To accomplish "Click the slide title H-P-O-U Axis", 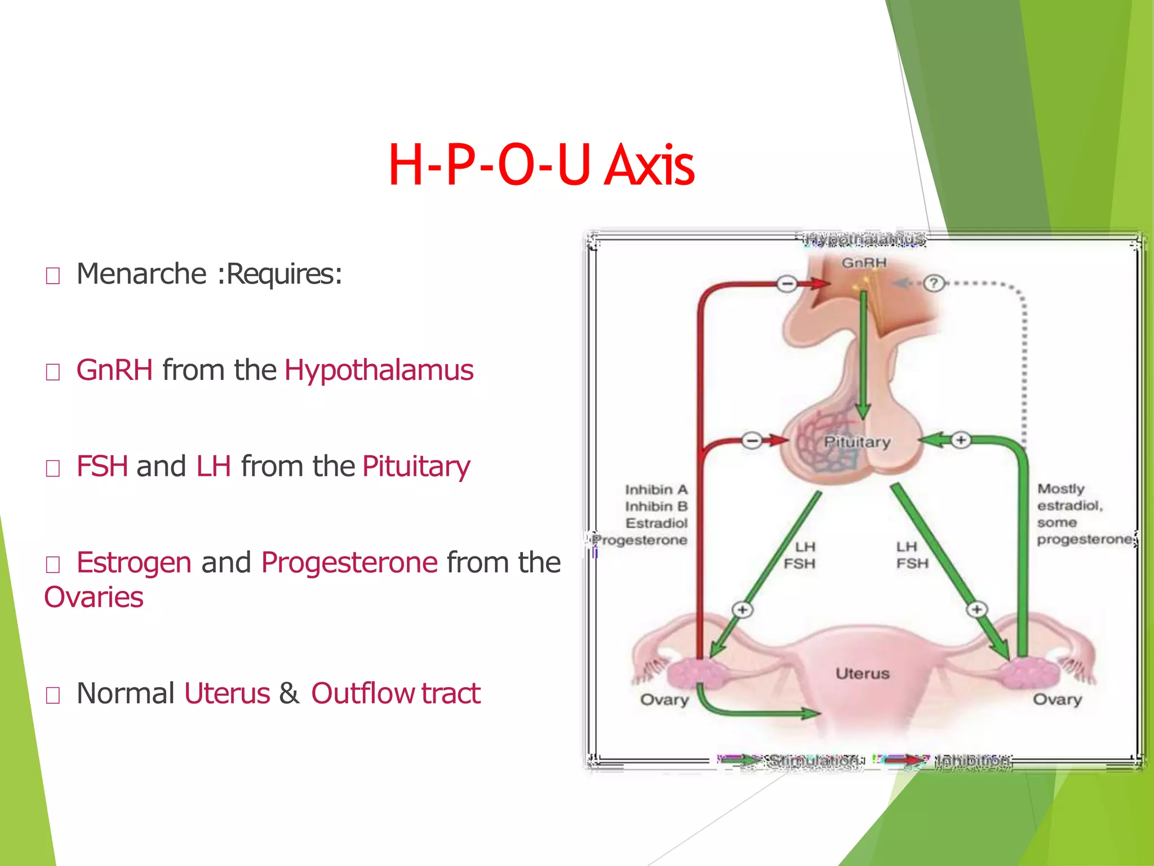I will [541, 165].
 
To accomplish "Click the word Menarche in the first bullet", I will [141, 274].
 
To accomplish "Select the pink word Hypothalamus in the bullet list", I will [379, 370].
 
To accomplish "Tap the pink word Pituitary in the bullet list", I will [416, 467].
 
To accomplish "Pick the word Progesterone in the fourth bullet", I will [349, 563].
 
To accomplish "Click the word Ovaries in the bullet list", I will [94, 597].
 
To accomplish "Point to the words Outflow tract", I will [396, 693].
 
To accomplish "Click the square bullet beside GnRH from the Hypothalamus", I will [53, 372].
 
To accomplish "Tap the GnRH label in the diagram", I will [864, 263].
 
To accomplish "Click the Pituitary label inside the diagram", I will [857, 441].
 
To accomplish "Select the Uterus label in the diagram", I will [862, 673].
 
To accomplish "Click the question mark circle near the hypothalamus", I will [934, 283].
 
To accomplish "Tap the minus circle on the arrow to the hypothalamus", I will [787, 284].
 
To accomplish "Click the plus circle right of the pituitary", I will [961, 440].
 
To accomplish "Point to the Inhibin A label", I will [656, 489].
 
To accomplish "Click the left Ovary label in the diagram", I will [664, 700].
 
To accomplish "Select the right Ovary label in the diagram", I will [1057, 700].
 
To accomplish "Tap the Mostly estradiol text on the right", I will [1069, 497].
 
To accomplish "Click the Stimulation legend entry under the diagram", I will [814, 761].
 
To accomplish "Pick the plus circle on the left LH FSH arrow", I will [742, 609].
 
